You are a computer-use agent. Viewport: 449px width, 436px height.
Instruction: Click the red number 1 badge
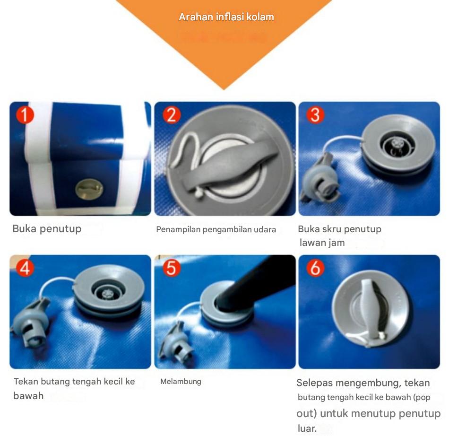pyautogui.click(x=25, y=115)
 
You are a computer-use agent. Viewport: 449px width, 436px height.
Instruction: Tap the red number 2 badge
pyautogui.click(x=172, y=115)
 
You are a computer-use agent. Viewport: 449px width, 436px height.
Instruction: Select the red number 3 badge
pyautogui.click(x=315, y=115)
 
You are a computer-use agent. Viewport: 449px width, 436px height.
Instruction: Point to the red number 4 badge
pyautogui.click(x=25, y=268)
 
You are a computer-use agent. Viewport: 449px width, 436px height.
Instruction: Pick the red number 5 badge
pyautogui.click(x=172, y=268)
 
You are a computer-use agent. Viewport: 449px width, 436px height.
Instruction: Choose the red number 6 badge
pyautogui.click(x=315, y=268)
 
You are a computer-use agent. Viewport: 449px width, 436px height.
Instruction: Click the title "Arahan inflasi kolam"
pyautogui.click(x=226, y=17)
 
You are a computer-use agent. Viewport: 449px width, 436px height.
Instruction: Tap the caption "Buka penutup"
pyautogui.click(x=47, y=229)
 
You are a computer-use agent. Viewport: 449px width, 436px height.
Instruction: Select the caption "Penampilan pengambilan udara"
pyautogui.click(x=216, y=229)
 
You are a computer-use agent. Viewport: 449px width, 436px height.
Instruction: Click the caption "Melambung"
pyautogui.click(x=181, y=382)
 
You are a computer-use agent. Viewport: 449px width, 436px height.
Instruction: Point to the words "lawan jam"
pyautogui.click(x=322, y=243)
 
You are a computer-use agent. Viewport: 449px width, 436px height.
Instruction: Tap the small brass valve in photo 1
pyautogui.click(x=89, y=189)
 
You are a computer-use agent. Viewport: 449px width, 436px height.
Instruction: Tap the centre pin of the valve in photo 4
pyautogui.click(x=108, y=294)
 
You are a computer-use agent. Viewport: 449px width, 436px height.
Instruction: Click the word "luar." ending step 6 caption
pyautogui.click(x=307, y=428)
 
